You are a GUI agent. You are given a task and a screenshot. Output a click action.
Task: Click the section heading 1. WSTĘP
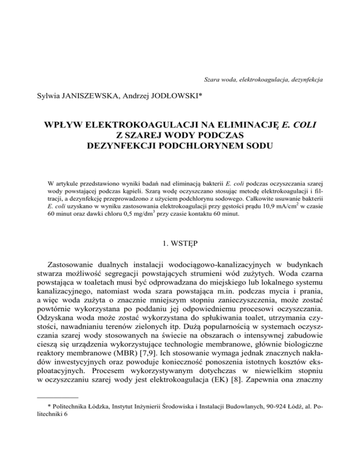click(x=180, y=230)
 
